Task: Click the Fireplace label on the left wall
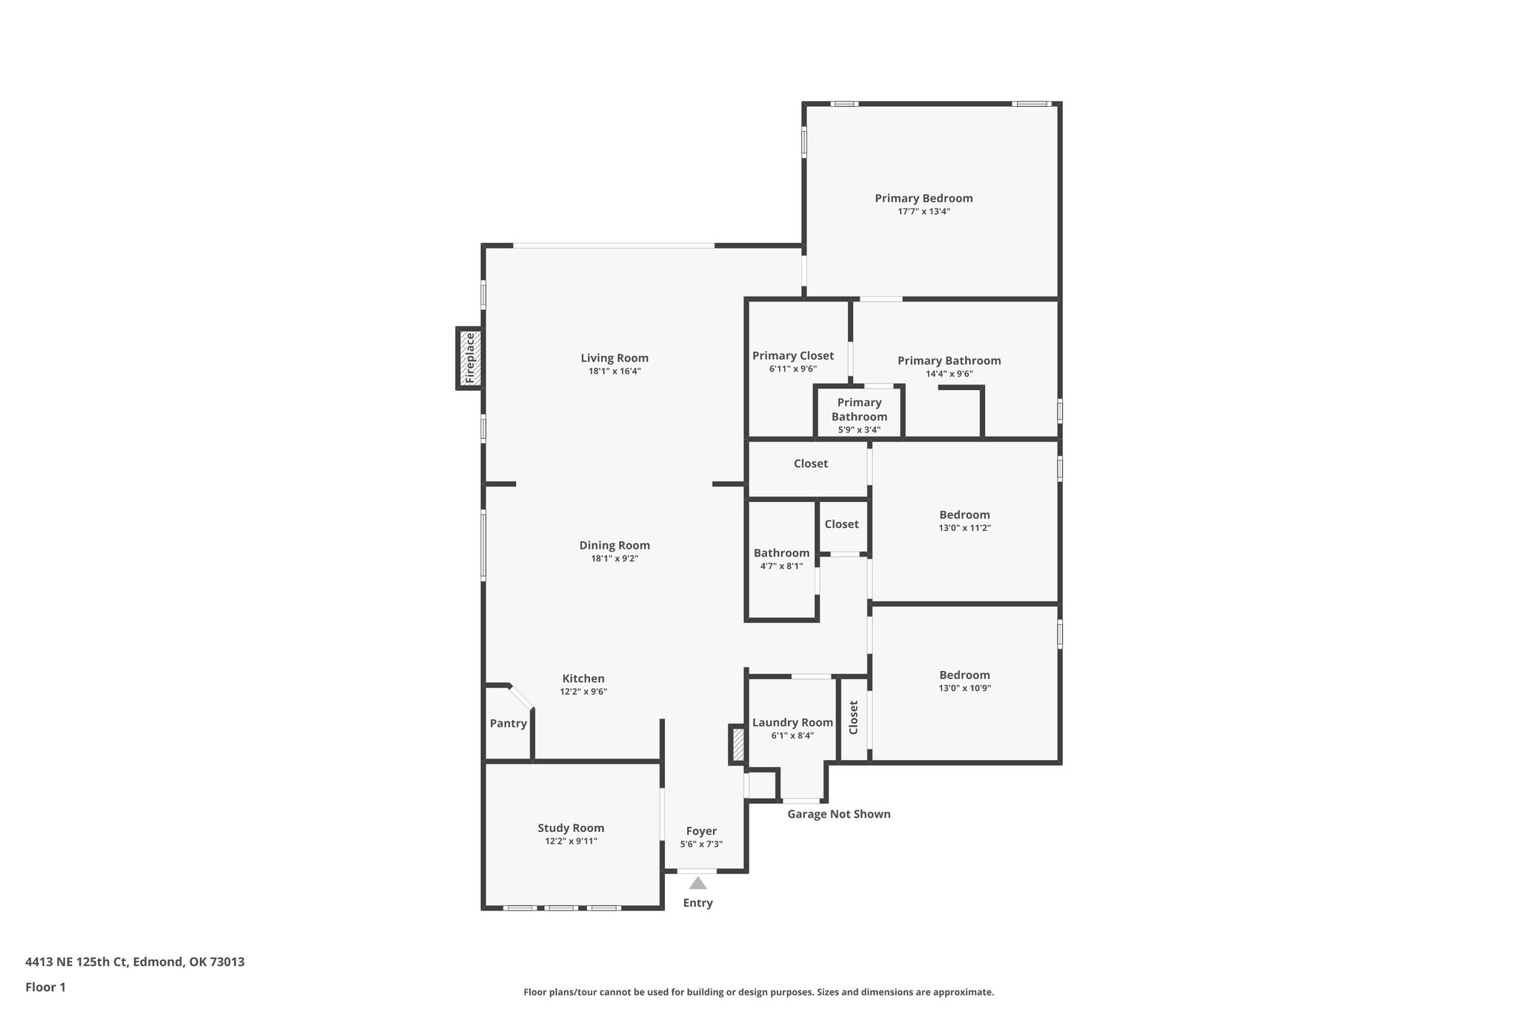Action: pos(469,358)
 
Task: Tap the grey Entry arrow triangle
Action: pos(697,883)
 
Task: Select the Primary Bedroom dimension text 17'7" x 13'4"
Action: pos(924,212)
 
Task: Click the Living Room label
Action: pos(614,358)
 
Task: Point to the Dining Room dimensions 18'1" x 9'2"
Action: pos(614,559)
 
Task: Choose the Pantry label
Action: pos(508,724)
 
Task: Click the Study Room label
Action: pos(571,828)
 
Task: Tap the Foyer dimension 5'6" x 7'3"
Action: pos(701,844)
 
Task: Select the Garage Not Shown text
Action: pos(838,814)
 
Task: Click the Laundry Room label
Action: pos(792,723)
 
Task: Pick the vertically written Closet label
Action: pos(853,718)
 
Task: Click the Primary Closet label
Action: pos(793,356)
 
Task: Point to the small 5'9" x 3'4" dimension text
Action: pos(859,430)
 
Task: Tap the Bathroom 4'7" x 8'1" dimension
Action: pos(781,566)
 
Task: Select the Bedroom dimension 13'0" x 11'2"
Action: pos(964,529)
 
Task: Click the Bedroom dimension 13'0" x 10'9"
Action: pos(964,688)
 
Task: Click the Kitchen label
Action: pos(583,678)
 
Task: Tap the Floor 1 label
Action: pos(45,988)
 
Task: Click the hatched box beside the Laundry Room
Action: pos(737,745)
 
